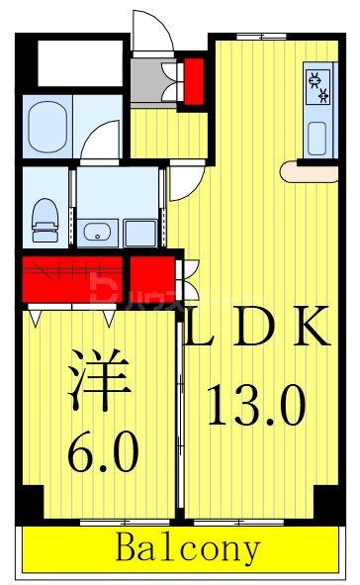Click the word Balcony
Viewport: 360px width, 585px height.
click(188, 546)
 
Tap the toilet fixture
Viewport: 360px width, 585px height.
click(45, 219)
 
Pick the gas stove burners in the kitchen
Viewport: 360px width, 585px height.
click(317, 87)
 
